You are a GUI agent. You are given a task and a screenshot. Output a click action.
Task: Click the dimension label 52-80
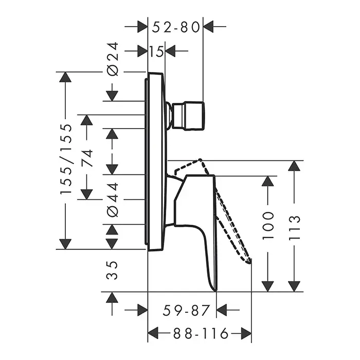pos(176,27)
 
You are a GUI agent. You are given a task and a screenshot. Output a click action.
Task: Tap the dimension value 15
pos(156,51)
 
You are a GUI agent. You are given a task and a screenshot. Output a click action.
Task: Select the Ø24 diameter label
pos(113,59)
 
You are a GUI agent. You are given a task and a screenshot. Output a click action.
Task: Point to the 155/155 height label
pos(66,159)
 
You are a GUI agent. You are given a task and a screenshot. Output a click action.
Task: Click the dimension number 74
pos(87,158)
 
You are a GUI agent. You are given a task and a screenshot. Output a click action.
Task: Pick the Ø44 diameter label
pos(113,200)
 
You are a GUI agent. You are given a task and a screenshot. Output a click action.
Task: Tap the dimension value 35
pos(112,270)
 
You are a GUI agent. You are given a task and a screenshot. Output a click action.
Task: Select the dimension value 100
pos(268,226)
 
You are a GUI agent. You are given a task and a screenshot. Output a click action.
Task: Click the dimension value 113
pos(294,228)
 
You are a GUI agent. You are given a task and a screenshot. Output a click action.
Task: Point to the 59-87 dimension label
pos(186,310)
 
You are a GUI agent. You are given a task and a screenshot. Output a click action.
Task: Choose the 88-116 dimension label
pos(201,333)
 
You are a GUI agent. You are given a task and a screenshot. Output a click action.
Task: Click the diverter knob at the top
pos(188,116)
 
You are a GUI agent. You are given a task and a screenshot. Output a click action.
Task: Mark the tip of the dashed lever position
pos(249,262)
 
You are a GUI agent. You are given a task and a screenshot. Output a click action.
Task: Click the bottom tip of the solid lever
pos(215,291)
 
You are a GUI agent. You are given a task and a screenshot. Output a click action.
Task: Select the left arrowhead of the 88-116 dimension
pos(153,333)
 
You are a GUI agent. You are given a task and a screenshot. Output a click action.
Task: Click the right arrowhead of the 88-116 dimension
pos(246,333)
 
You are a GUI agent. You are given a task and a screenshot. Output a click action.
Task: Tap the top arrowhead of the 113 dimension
pos(294,166)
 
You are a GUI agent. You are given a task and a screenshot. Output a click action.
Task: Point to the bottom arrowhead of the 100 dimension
pos(268,286)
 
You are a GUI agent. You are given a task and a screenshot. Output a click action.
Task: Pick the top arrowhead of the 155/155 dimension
pos(65,77)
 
